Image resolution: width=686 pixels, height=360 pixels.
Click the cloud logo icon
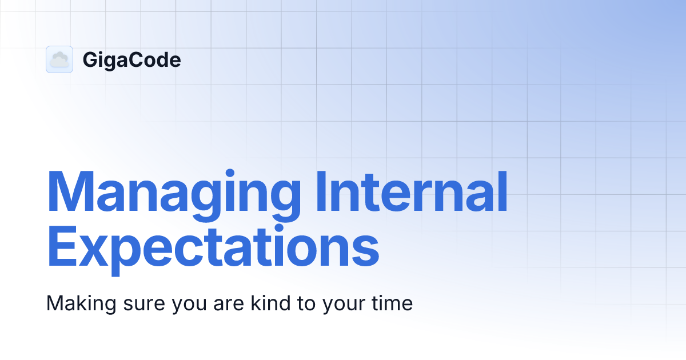click(59, 59)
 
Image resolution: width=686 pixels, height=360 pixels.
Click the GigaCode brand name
click(131, 60)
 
